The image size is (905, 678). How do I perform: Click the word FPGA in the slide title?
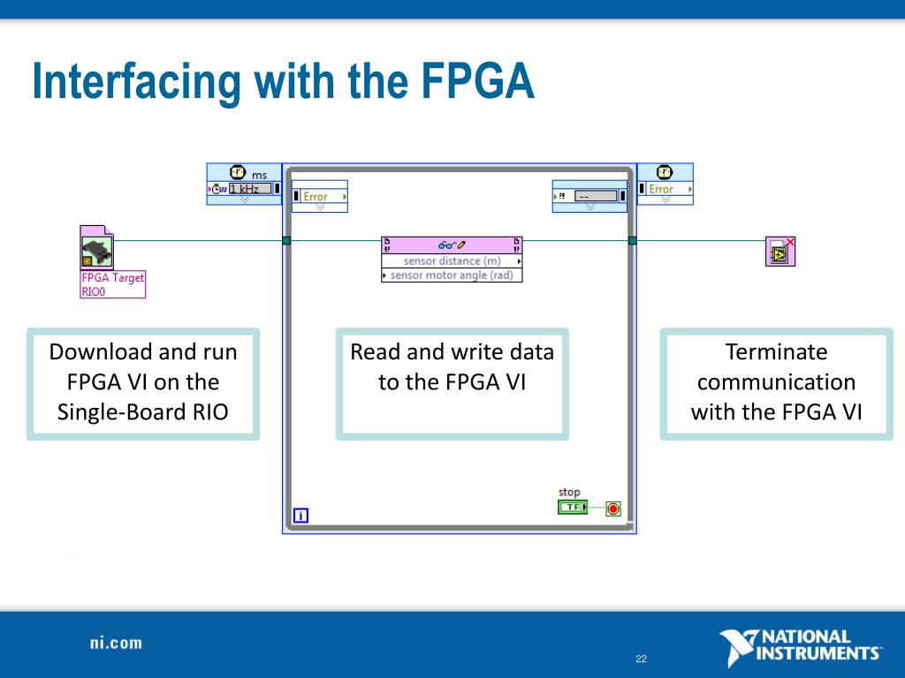477,82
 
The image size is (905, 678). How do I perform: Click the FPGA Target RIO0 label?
112,284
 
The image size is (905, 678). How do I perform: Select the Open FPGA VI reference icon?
96,245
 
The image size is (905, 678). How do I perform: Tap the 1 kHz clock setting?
249,188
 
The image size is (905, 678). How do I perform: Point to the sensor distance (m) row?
452,261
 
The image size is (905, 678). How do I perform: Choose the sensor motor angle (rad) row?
452,275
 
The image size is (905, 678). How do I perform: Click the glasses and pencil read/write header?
452,245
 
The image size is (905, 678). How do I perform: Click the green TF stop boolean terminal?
572,508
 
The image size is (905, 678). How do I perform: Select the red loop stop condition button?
613,508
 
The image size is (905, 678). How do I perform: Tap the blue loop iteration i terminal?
300,516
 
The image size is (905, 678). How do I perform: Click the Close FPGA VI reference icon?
780,252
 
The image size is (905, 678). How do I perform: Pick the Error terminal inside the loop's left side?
319,197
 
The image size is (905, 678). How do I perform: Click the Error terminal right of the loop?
665,189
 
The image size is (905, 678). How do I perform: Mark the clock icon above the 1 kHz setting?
237,173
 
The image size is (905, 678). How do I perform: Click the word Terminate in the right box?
776,352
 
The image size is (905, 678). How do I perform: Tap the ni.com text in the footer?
115,643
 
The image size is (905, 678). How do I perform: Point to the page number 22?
641,659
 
